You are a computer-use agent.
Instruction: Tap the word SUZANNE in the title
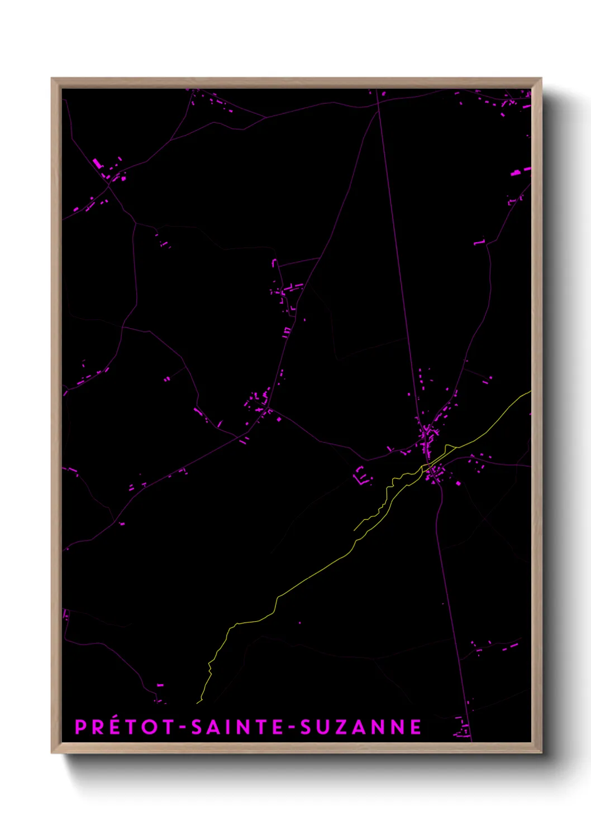(361, 727)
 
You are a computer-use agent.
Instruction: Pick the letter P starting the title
(80, 727)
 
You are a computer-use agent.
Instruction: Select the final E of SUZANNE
(416, 727)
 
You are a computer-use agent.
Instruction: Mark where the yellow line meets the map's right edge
(530, 391)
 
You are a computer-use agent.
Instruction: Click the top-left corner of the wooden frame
(52, 79)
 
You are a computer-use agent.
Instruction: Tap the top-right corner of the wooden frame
(541, 79)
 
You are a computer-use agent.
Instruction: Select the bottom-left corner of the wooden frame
(52, 753)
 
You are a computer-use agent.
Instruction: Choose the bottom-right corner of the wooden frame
(541, 753)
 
